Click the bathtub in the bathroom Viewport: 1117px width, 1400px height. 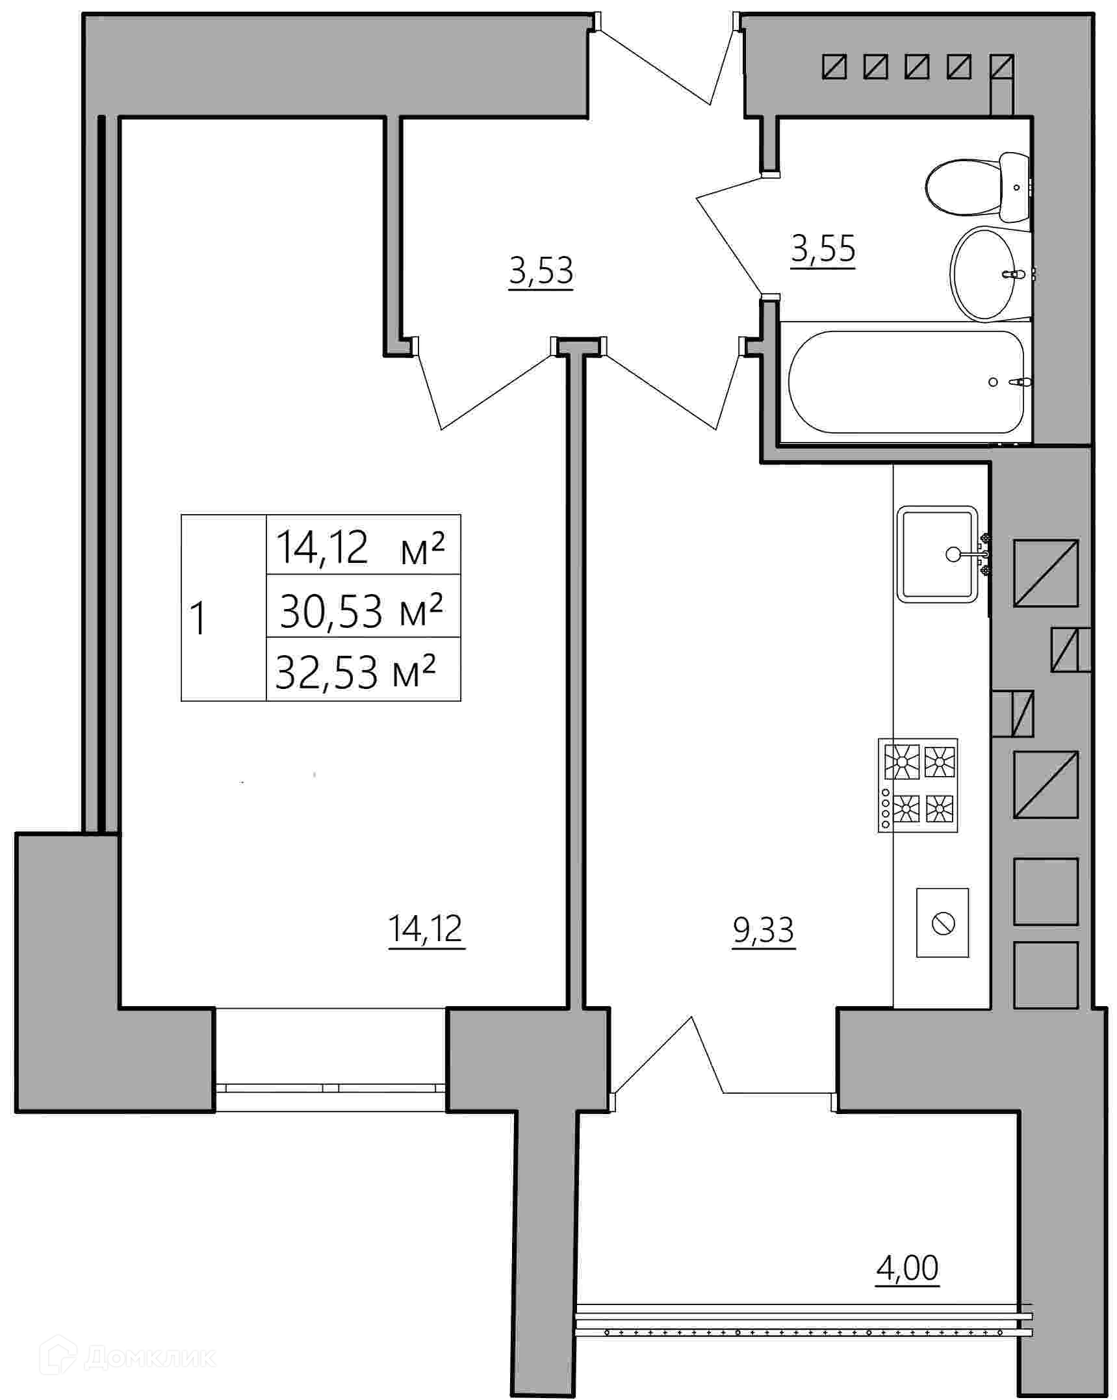coord(906,382)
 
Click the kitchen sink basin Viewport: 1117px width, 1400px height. coord(938,554)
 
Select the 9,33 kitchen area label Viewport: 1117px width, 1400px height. coord(764,931)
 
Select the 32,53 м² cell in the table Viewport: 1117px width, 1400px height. coord(363,669)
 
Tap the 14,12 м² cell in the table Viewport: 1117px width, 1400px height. coord(363,545)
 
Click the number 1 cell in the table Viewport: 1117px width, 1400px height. coord(224,608)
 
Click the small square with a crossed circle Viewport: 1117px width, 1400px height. coord(942,923)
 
